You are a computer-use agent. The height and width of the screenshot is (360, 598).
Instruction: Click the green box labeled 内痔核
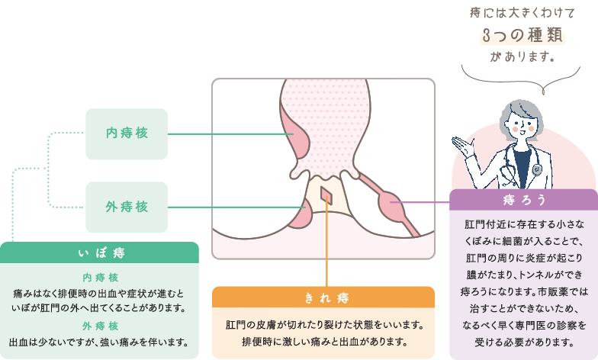point(127,134)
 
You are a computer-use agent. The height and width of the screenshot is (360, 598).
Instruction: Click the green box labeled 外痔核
point(127,207)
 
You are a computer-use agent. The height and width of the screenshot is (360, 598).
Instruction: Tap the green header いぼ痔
point(101,252)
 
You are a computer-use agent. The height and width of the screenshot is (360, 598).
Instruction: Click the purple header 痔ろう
point(524,200)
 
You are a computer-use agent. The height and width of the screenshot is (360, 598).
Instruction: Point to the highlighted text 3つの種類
point(522,35)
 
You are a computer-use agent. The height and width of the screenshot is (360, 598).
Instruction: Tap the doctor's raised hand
point(462,143)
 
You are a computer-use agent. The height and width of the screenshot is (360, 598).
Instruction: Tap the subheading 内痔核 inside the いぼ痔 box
point(101,277)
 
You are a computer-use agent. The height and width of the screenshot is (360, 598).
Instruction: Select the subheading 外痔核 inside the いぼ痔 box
point(101,325)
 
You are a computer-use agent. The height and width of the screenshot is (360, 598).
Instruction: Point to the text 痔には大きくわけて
point(522,12)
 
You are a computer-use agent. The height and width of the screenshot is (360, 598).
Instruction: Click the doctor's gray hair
point(519,107)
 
